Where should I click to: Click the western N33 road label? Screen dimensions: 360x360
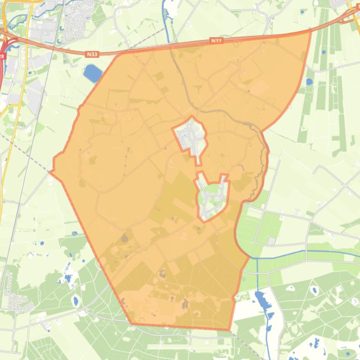pyautogui.click(x=92, y=54)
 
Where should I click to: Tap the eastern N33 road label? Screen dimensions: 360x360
pyautogui.click(x=216, y=41)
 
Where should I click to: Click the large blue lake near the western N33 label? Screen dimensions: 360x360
pyautogui.click(x=92, y=73)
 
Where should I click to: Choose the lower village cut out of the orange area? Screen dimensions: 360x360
pyautogui.click(x=213, y=197)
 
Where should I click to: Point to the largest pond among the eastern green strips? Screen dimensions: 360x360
pyautogui.click(x=309, y=82)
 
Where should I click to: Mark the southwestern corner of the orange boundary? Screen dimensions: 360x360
pyautogui.click(x=132, y=324)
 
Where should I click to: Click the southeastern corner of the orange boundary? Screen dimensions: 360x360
pyautogui.click(x=229, y=330)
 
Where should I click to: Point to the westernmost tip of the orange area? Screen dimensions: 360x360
pyautogui.click(x=50, y=173)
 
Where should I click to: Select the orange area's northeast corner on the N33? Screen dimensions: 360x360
pyautogui.click(x=310, y=31)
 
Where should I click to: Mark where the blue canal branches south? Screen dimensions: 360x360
pyautogui.click(x=255, y=258)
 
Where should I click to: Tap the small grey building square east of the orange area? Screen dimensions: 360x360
pyautogui.click(x=272, y=241)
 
